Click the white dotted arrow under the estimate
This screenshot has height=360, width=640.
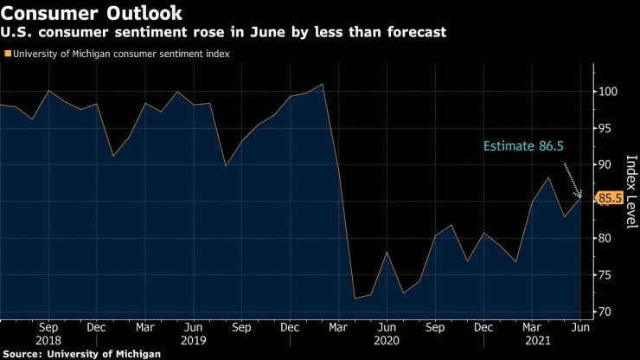[573, 179]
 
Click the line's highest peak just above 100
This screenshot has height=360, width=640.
[323, 84]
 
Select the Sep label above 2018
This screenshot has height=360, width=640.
[48, 328]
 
